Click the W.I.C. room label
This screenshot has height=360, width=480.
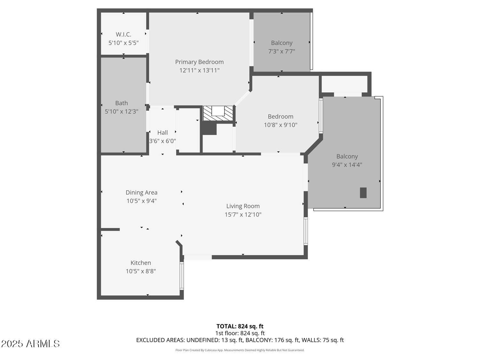124,35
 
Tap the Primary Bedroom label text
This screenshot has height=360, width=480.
199,62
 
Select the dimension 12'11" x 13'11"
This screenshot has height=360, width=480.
199,70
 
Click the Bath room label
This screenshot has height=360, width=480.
121,103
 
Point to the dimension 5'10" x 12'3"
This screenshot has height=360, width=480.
121,111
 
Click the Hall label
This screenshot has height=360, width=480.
163,132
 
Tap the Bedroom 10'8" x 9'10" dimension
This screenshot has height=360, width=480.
280,125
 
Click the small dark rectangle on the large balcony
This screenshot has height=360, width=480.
363,193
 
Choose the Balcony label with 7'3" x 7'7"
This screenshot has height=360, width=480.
282,43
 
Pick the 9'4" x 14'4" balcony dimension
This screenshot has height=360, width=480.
347,165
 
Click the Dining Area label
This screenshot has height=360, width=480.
141,192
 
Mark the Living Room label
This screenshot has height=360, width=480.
243,206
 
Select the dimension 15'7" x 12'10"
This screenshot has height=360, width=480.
243,215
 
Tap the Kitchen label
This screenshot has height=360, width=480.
141,263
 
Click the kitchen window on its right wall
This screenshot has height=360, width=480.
181,276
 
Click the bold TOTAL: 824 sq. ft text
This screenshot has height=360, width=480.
240,326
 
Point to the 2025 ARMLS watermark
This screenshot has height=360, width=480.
30,344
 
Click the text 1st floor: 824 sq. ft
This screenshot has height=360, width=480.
240,333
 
